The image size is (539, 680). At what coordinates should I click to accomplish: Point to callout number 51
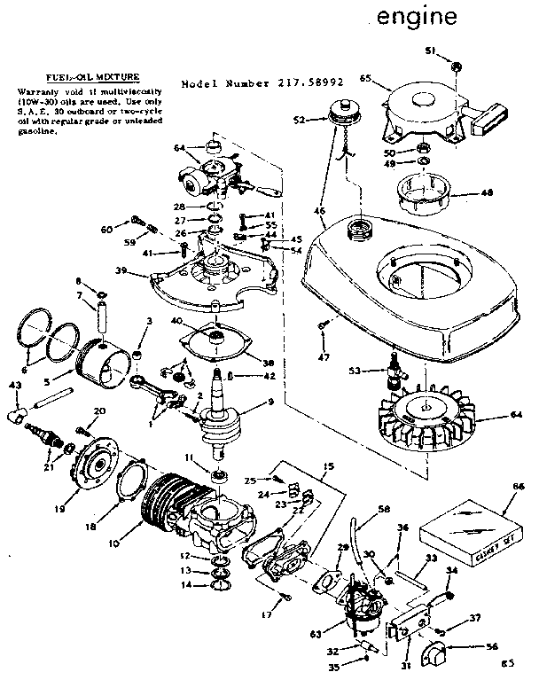[430, 51]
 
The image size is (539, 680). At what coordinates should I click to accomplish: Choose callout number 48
[488, 192]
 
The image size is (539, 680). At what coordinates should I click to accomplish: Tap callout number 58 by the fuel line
[384, 510]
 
